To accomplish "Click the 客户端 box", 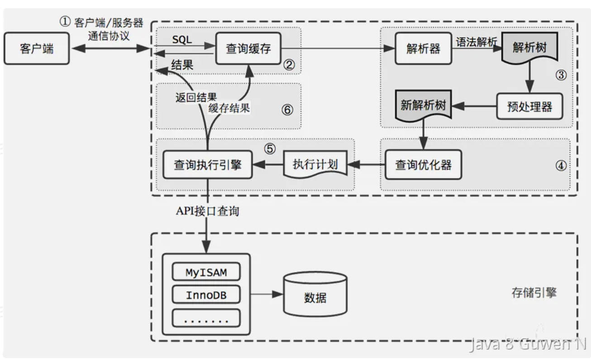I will (37, 48).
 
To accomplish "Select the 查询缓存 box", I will (248, 48).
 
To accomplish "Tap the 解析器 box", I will (423, 48).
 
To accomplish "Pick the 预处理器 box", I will (530, 106).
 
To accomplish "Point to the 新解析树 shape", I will (424, 106).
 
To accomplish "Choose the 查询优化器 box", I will (423, 165).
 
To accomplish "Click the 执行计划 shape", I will (315, 165).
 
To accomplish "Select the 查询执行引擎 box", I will (207, 165).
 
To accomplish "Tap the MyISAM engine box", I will (206, 272).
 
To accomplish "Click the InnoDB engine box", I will (206, 296).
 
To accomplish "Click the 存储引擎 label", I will (534, 293).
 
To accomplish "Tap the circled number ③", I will (561, 75).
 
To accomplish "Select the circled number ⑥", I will (287, 110).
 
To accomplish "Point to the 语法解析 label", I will (476, 42).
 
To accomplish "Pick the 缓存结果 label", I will (229, 109).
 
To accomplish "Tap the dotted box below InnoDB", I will (206, 319).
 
